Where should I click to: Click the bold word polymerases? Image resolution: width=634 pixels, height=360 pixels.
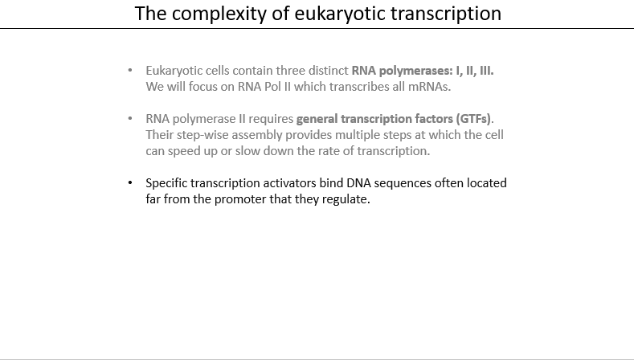pos(415,71)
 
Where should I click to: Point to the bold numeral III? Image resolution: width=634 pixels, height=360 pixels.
pos(486,71)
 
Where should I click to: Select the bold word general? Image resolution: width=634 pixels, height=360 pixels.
pos(317,119)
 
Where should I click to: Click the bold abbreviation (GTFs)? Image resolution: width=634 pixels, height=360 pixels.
pos(473,119)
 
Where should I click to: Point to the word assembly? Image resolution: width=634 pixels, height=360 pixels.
pos(257,135)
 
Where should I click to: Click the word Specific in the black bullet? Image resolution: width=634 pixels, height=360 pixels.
pos(166,183)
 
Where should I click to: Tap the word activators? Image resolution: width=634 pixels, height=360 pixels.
pos(289,183)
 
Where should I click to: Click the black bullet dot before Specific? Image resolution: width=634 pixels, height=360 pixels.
pos(130,183)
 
